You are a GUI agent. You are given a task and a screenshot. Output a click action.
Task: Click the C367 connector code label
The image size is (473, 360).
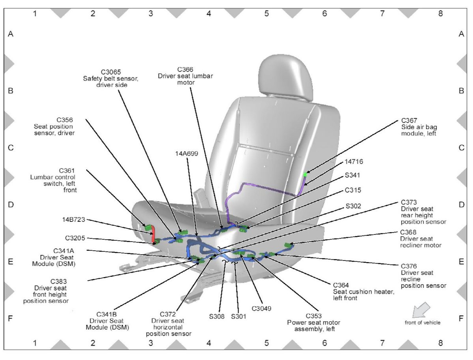(x=409, y=120)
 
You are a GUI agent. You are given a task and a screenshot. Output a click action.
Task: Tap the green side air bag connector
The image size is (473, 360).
(x=305, y=174)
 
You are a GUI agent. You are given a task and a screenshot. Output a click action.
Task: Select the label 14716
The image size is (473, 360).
(x=353, y=161)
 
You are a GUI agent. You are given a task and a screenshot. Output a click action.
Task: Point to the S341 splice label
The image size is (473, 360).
(x=353, y=175)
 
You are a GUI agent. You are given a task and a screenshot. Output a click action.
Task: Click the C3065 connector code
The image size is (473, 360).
(x=111, y=72)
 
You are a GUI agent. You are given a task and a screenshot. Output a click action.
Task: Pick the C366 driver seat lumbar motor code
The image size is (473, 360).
(x=185, y=69)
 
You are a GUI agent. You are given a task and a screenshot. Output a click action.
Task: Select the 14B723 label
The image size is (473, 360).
(x=73, y=219)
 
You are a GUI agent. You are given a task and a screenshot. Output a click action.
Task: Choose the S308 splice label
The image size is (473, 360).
(x=217, y=316)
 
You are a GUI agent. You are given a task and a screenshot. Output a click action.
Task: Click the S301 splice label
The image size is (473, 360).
(x=238, y=316)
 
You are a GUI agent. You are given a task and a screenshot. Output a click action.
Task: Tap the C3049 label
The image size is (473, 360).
(x=262, y=308)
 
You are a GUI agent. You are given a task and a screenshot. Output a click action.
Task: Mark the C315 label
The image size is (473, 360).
(x=353, y=190)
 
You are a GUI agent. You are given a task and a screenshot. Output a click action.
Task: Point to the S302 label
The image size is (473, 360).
(x=353, y=206)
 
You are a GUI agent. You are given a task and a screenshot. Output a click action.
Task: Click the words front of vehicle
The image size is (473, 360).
(x=422, y=322)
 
